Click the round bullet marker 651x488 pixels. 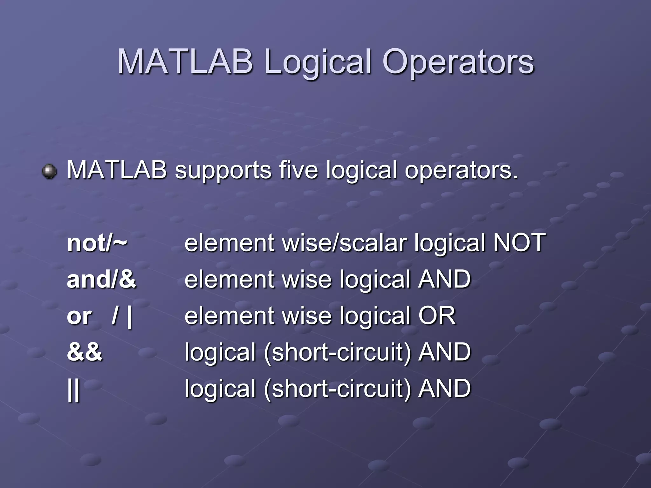click(x=49, y=172)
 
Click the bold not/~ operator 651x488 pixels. click(x=97, y=243)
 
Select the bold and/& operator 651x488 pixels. click(x=101, y=279)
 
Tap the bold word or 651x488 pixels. click(x=79, y=316)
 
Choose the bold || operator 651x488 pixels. click(x=74, y=389)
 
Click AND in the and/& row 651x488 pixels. click(x=444, y=279)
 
